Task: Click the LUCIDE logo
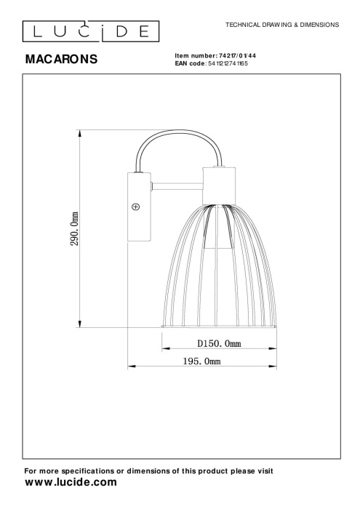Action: click(x=91, y=31)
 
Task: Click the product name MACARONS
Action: click(x=61, y=59)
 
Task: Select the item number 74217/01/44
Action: click(x=238, y=56)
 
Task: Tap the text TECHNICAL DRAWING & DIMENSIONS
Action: click(x=282, y=25)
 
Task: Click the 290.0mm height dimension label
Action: click(x=75, y=229)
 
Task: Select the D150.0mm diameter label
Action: click(x=219, y=343)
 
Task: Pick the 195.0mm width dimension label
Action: click(x=201, y=361)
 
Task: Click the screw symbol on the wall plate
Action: click(x=136, y=207)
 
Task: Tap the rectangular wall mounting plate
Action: click(x=139, y=207)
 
